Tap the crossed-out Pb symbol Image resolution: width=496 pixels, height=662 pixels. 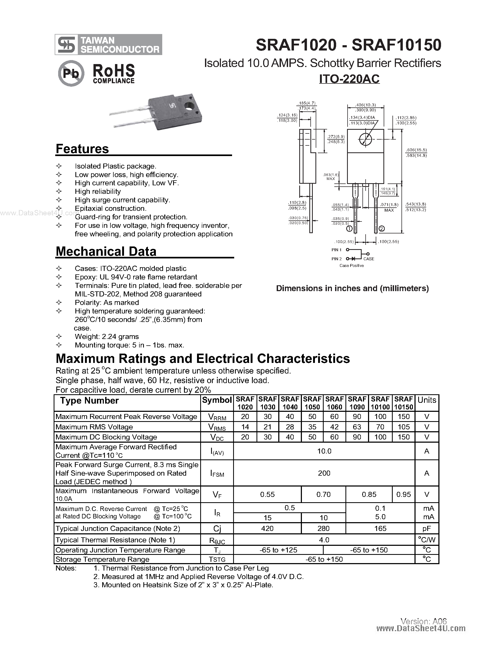[71, 73]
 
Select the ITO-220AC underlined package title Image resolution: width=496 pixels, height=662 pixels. [349, 79]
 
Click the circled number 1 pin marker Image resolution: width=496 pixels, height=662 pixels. [349, 229]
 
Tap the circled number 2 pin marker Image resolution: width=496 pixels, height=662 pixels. [382, 229]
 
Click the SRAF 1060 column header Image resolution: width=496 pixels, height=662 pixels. [334, 403]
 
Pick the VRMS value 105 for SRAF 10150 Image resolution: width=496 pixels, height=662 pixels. [403, 427]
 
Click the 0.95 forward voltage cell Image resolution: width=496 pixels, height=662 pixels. [403, 495]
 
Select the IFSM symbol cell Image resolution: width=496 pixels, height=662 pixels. [217, 474]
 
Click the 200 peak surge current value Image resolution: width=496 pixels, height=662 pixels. [324, 473]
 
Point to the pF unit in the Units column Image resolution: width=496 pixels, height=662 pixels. [427, 529]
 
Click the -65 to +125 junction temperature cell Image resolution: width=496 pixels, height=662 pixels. [278, 550]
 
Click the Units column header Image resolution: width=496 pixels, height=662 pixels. [427, 400]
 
